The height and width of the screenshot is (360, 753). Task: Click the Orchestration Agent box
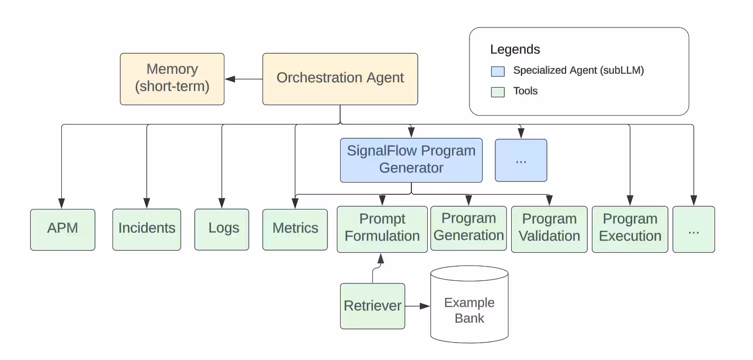[x=340, y=79]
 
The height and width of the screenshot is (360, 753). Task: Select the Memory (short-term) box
[x=172, y=79]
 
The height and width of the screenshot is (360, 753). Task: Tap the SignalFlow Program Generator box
[x=411, y=160]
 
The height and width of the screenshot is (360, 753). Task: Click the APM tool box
[x=63, y=229]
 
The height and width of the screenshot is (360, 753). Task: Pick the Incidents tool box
[x=147, y=229]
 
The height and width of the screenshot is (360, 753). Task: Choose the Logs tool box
[x=222, y=229]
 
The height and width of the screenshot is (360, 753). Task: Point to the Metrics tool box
[x=295, y=229]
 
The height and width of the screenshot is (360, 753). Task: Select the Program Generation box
[x=469, y=228]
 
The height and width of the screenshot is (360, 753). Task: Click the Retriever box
[x=372, y=306]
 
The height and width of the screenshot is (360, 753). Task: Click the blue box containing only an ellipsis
[x=521, y=160]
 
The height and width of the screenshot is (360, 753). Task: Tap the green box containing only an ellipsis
[x=693, y=229]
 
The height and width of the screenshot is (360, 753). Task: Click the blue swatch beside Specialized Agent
[x=497, y=71]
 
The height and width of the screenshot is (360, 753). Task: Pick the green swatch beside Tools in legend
[x=497, y=91]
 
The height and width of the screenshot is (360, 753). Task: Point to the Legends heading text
[x=515, y=50]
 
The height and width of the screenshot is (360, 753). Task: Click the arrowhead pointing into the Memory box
[x=230, y=79]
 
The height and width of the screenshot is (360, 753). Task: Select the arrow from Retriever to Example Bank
[x=418, y=306]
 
